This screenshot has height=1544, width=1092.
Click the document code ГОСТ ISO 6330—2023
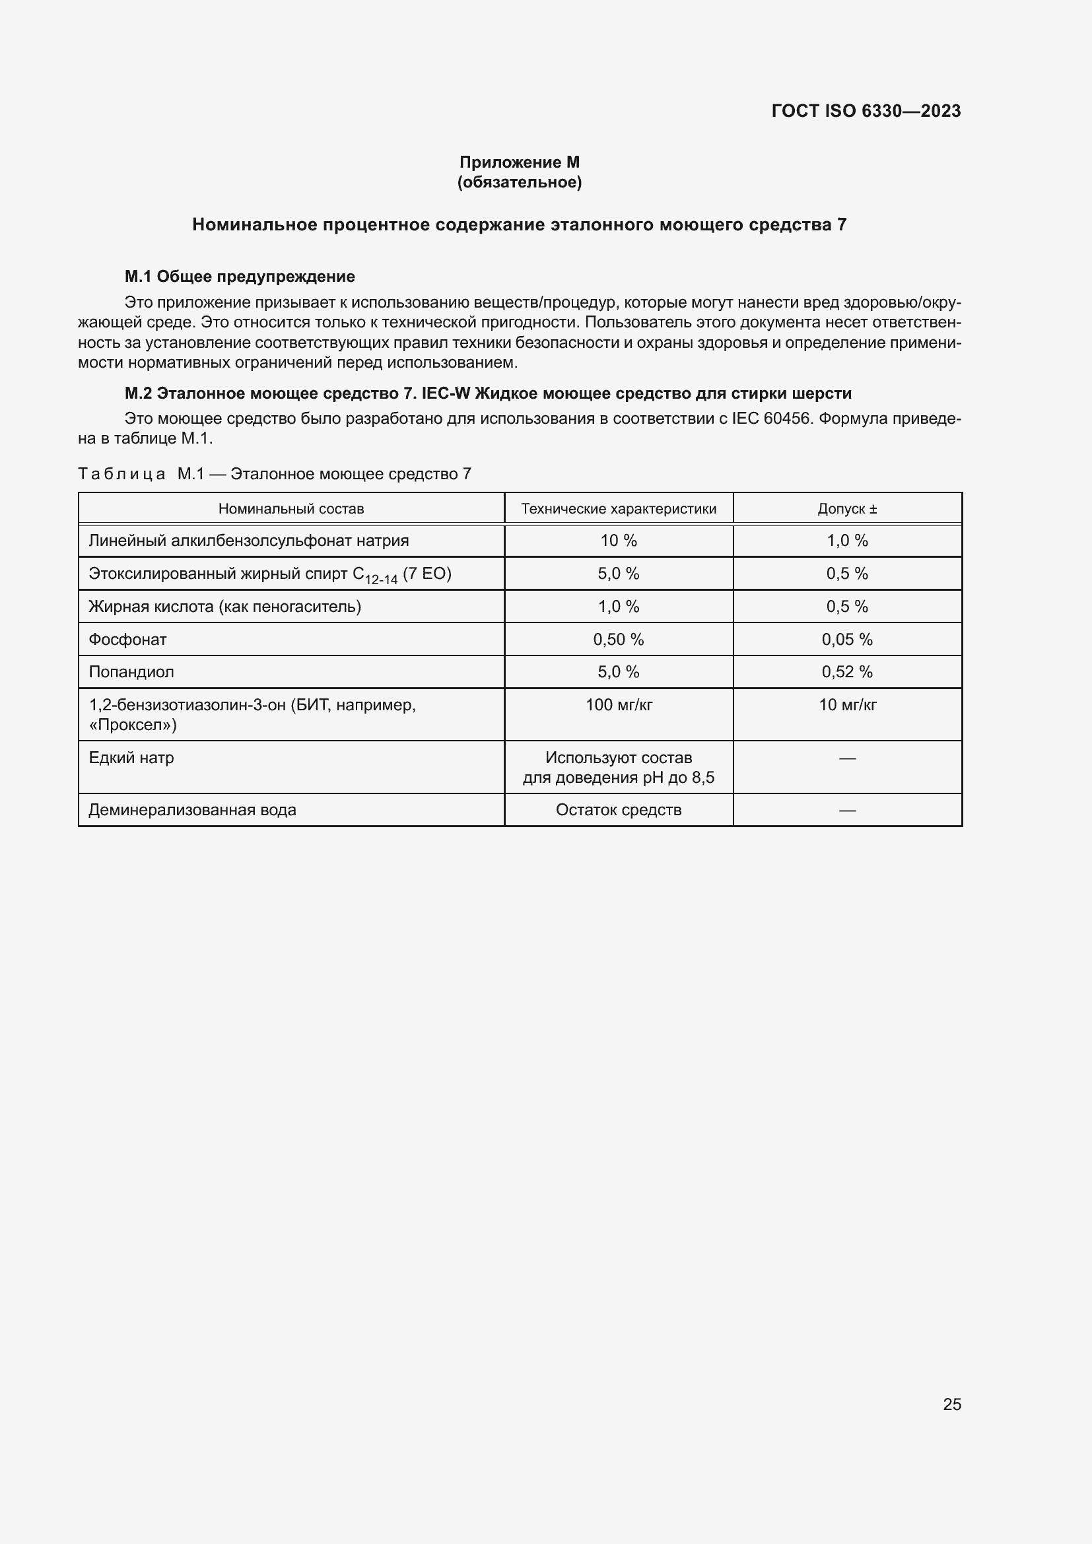click(866, 111)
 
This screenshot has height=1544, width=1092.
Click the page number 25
click(951, 1404)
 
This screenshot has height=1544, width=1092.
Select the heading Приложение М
click(519, 162)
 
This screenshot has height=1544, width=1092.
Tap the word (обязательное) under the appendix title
click(519, 182)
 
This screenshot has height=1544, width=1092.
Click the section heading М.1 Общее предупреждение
click(240, 277)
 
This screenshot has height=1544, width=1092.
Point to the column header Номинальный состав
click(290, 509)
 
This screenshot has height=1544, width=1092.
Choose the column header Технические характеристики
click(618, 509)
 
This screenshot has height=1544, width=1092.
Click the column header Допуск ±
click(846, 509)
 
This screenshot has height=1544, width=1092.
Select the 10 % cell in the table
click(618, 541)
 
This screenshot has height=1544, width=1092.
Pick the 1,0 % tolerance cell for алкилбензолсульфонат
click(846, 541)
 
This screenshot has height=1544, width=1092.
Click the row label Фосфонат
click(128, 640)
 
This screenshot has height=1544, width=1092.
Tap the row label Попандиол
click(131, 672)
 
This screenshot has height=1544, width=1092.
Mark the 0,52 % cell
click(846, 672)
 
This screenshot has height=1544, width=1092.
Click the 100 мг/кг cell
click(618, 705)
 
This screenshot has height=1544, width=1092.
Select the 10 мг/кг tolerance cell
click(846, 705)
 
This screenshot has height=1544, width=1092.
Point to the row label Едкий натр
click(131, 758)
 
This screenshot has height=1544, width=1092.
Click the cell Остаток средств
click(618, 810)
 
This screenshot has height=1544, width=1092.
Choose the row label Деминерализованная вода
click(192, 810)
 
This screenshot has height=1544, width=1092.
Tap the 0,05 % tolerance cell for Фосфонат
click(846, 640)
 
